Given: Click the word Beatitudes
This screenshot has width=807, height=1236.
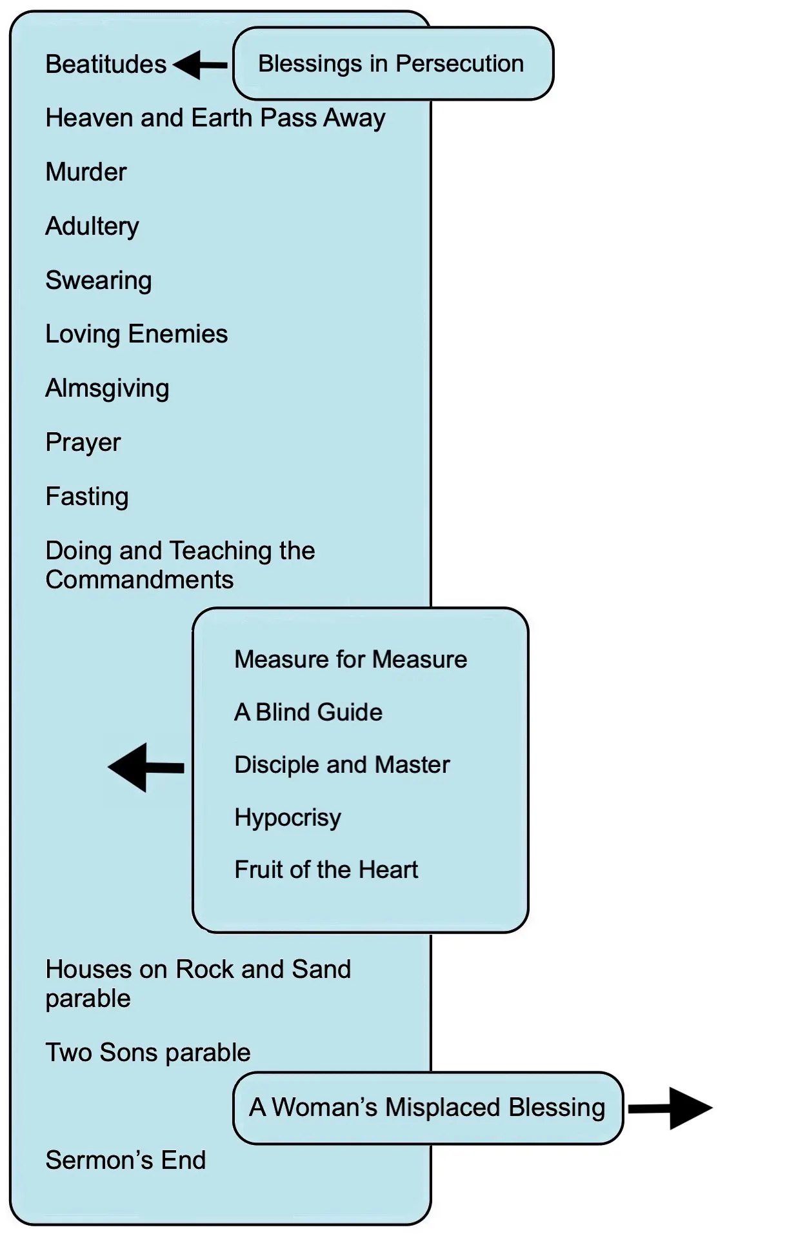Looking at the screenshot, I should coord(106,65).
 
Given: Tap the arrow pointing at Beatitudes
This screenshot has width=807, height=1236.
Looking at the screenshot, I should coord(199,65).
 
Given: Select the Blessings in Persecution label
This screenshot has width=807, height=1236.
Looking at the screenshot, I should coord(391,64).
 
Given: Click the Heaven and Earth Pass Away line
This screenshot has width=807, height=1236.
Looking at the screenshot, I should coord(215,119).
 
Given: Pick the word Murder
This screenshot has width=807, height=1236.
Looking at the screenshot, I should coord(86,172).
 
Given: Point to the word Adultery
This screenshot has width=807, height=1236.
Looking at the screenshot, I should coord(92,226).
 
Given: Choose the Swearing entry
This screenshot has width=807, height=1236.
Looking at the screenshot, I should coord(99,281).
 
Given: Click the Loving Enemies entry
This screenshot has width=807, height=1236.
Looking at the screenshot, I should coord(137,334).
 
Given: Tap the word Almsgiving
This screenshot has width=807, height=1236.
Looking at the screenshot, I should coord(107,388).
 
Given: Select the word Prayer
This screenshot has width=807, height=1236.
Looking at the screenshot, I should coord(83,443).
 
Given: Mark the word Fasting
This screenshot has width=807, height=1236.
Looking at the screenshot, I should coord(87,497).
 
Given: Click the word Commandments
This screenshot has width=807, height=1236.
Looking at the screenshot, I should coord(139,580).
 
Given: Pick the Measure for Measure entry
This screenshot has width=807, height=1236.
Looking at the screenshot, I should coord(351,659).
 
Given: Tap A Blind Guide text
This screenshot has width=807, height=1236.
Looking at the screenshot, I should coord(308,712).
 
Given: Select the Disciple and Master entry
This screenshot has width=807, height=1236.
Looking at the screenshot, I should coord(342,764).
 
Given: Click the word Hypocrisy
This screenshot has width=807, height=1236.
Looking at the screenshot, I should coord(288,817).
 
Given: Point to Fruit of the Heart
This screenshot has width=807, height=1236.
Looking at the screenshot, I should coord(326,870).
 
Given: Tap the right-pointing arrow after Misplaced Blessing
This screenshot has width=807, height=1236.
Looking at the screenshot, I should coord(671,1108).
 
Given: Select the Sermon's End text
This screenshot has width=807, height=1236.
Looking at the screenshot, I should coord(126,1160).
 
